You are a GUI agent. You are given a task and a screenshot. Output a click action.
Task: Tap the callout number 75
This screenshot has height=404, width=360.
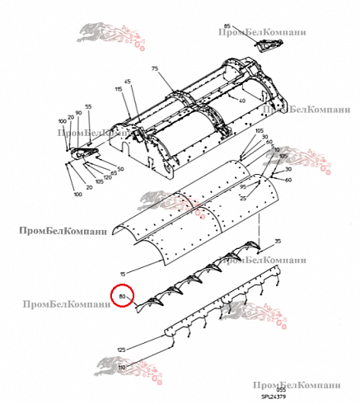click(153, 71)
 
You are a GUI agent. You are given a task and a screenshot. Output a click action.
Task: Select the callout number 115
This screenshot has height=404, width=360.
click(119, 88)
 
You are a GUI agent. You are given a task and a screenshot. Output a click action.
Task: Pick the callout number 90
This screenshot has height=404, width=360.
click(77, 112)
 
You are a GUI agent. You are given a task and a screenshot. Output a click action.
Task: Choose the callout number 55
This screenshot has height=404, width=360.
click(89, 107)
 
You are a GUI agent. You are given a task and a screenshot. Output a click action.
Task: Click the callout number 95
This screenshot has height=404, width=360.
click(243, 187)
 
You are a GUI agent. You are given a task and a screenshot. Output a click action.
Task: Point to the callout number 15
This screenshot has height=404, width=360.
click(122, 273)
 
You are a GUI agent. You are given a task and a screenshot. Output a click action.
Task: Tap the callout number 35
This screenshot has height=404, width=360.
click(278, 240)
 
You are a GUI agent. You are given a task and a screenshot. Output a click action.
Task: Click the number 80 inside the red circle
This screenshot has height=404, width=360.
click(122, 295)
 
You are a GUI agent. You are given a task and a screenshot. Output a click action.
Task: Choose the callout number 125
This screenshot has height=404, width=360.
click(121, 350)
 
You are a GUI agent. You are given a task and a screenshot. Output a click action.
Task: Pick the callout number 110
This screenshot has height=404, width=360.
click(121, 366)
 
